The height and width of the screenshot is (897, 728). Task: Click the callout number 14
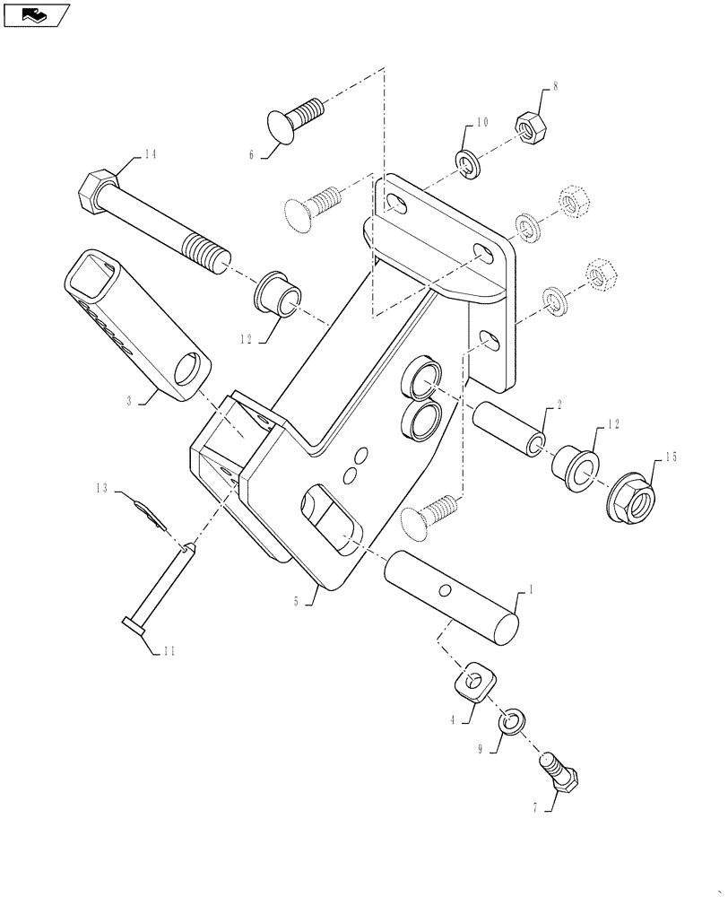[150, 155]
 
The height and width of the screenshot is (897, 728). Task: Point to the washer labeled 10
[467, 162]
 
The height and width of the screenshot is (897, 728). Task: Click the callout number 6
[252, 154]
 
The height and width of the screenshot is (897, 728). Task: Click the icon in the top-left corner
[36, 14]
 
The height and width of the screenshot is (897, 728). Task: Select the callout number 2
[559, 405]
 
